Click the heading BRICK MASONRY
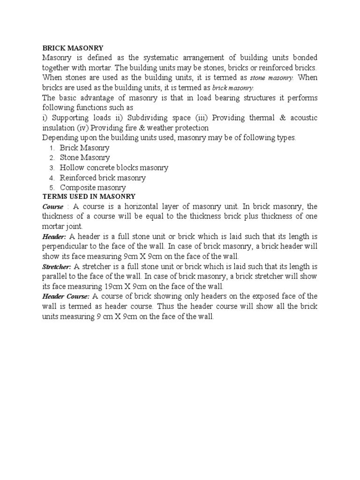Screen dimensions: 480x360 point(73,48)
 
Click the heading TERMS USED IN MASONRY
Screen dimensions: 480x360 point(89,197)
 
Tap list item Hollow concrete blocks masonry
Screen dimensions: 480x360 point(114,168)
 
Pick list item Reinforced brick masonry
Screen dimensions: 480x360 point(103,178)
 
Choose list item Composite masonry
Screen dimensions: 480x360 point(93,187)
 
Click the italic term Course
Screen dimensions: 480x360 point(52,207)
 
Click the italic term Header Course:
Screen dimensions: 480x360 point(66,297)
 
